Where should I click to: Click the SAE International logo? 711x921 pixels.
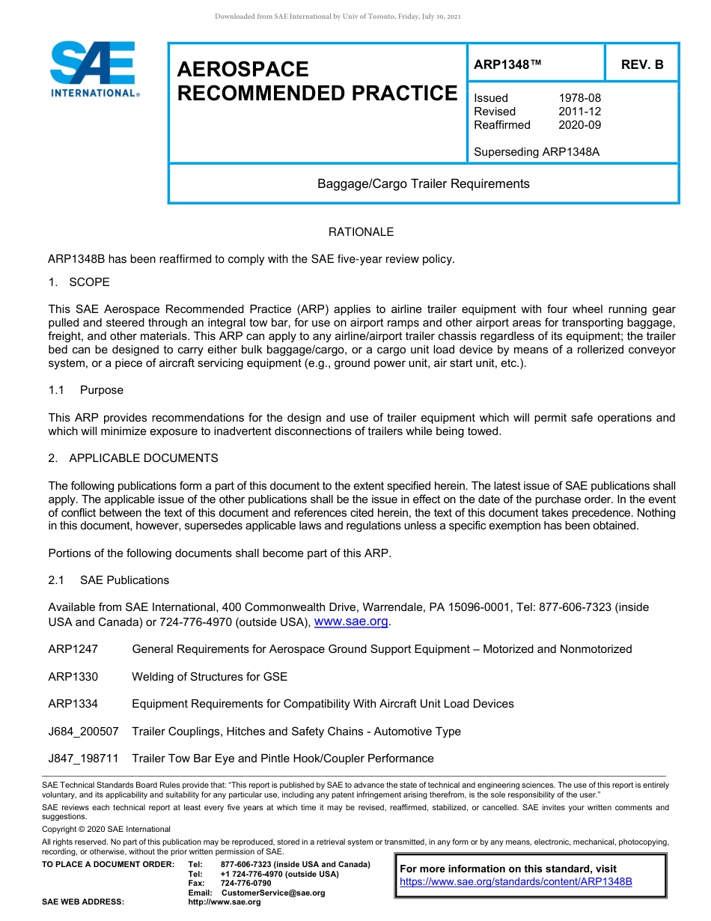point(94,70)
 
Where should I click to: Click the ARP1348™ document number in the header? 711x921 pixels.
point(507,64)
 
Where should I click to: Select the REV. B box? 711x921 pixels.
point(642,64)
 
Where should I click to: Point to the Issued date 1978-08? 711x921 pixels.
point(579,98)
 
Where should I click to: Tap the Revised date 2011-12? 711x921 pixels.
point(579,112)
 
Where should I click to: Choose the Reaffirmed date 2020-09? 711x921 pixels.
point(579,125)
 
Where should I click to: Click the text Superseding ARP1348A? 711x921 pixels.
point(537,152)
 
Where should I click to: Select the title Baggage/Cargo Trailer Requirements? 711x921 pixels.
point(423,184)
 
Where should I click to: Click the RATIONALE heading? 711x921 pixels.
point(361,232)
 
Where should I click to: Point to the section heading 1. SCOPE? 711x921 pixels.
point(79,282)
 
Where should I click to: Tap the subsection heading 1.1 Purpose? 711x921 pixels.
point(86,390)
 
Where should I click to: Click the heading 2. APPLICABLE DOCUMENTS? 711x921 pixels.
point(133,458)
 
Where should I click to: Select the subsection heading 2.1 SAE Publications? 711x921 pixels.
point(109,580)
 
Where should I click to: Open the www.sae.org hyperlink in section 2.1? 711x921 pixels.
point(352,621)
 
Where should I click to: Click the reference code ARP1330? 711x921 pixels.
point(73,677)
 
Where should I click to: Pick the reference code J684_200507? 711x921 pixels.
point(83,732)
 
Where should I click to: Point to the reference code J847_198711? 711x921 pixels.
point(83,759)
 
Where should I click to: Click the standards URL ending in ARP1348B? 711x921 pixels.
point(516,881)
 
